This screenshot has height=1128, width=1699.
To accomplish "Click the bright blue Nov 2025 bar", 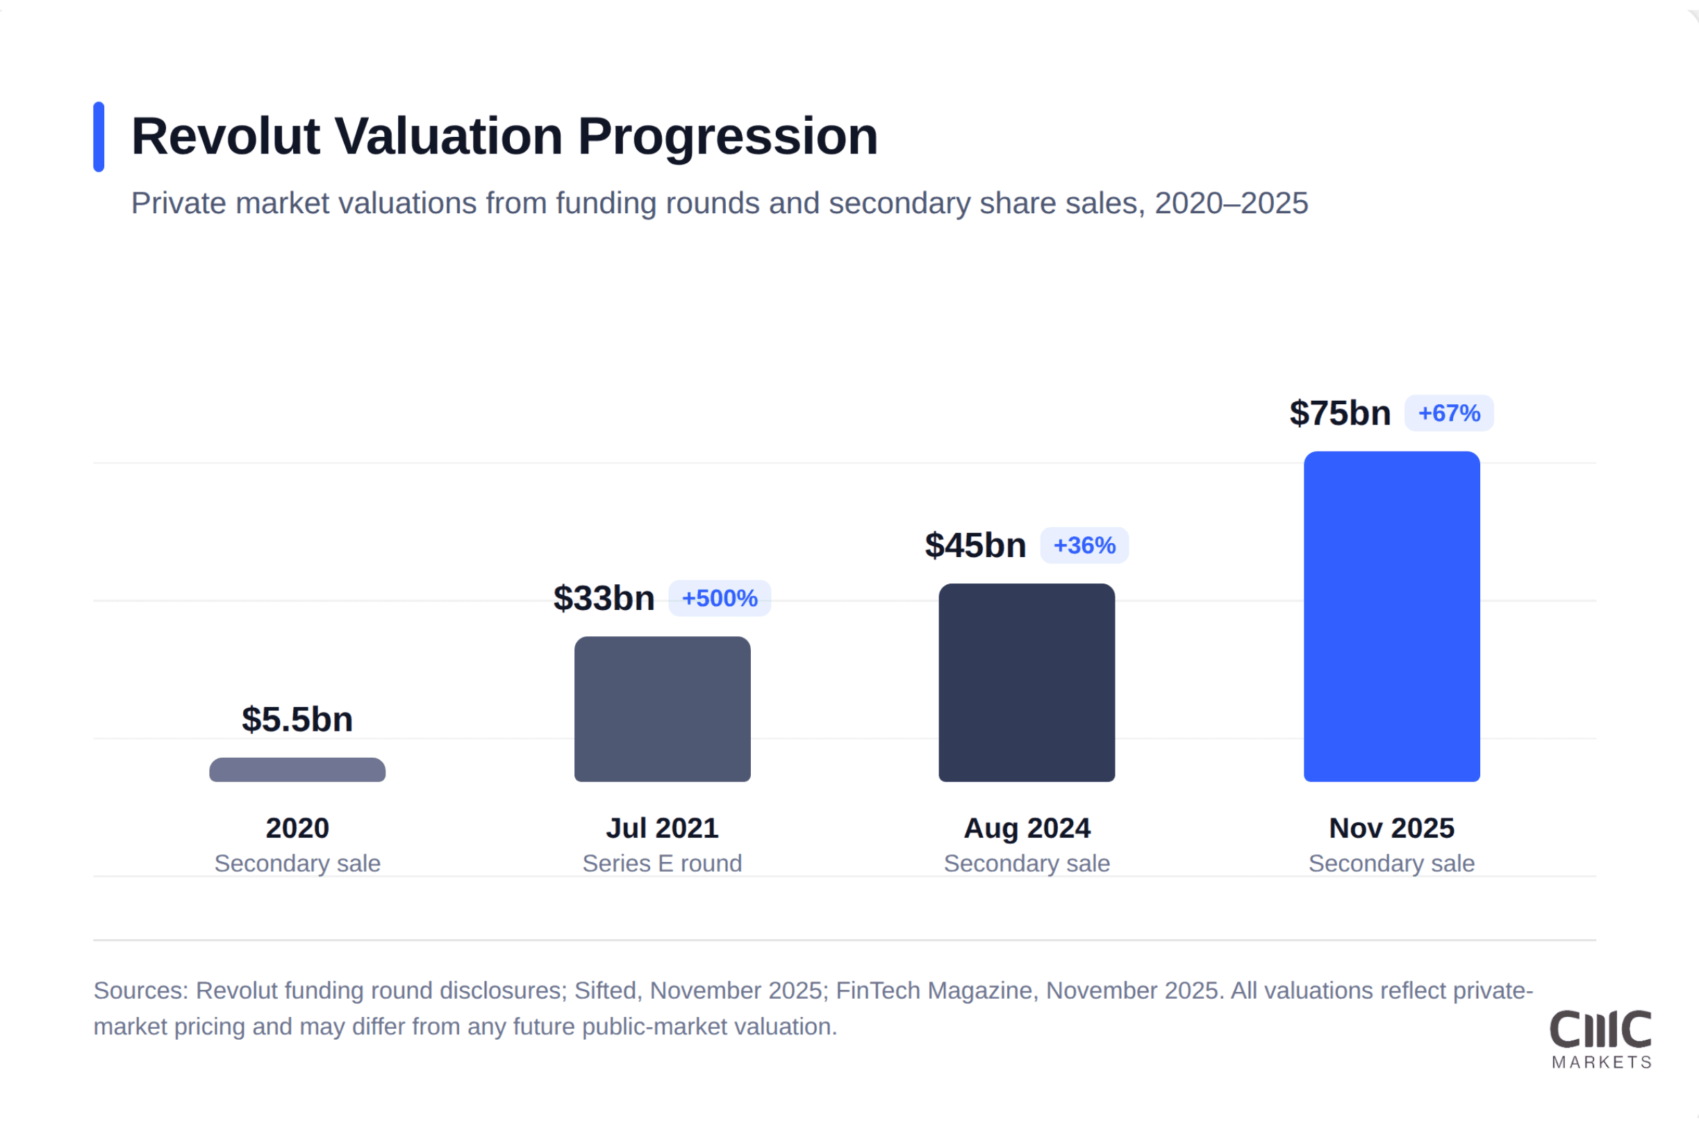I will point(1391,617).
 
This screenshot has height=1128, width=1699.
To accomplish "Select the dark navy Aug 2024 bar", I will point(1027,682).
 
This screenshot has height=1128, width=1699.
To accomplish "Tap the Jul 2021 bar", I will point(662,708).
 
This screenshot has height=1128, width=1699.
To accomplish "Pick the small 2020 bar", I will point(297,770).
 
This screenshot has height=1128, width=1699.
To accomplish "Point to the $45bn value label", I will point(975,545).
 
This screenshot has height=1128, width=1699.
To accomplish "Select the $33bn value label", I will point(604,599).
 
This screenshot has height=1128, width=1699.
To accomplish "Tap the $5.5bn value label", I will point(297,720).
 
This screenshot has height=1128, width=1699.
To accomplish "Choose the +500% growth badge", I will point(720,599).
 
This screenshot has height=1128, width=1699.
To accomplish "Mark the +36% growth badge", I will point(1084,545).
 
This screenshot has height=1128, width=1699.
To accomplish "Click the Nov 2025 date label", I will point(1391,828).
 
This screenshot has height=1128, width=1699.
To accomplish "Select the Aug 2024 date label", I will point(1027,828).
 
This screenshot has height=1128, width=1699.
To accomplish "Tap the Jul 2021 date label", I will point(662,828).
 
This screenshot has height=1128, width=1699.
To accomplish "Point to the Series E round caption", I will point(662,863).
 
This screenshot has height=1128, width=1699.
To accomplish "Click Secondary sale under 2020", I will point(297,863).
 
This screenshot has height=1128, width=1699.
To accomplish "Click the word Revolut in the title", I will point(225,137).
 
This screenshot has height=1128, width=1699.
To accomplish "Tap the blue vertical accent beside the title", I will point(99,137).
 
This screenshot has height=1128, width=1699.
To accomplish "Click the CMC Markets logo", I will point(1600,1039).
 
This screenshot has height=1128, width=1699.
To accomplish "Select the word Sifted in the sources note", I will point(604,990).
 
